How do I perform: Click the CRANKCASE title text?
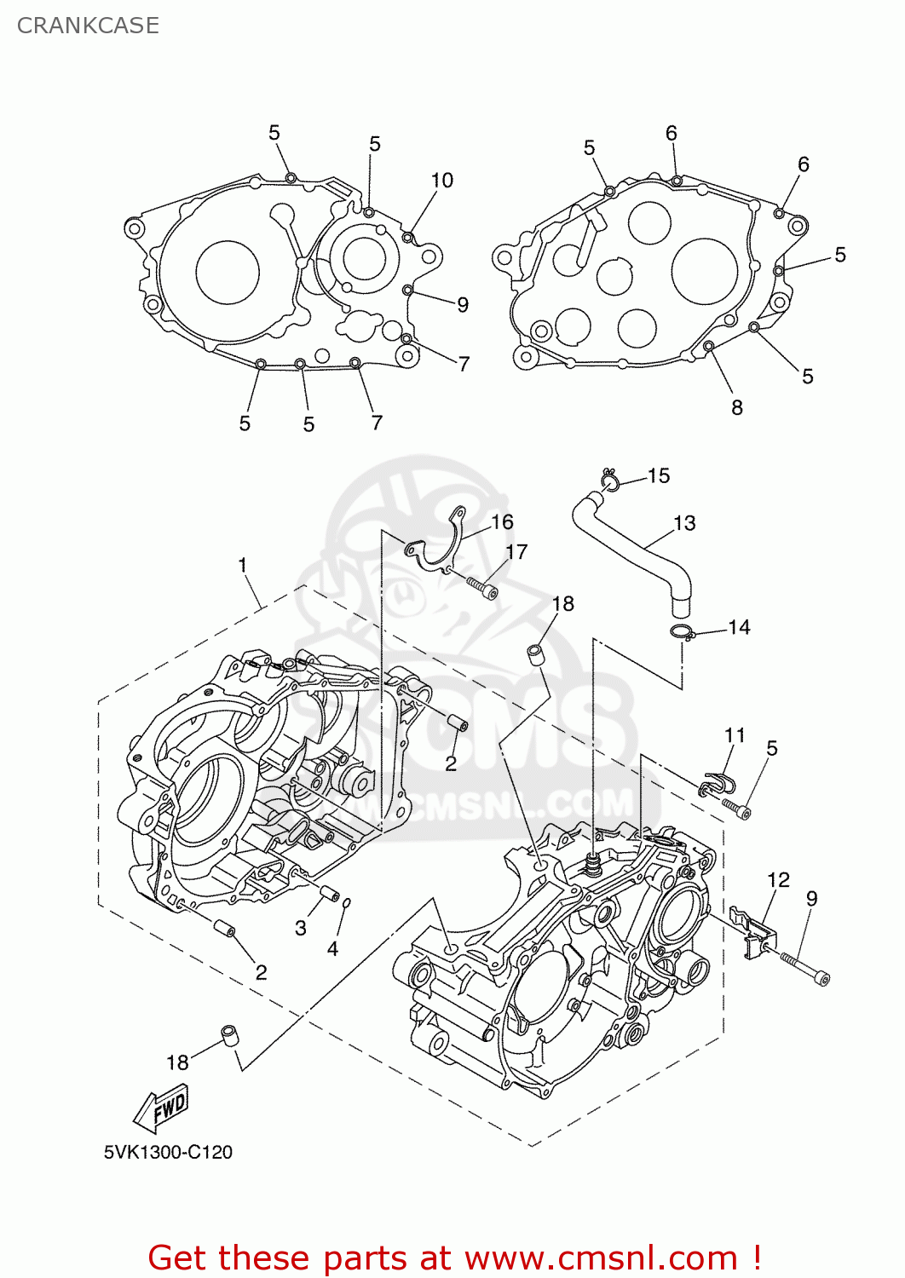[x=88, y=26]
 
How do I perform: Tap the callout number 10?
[x=441, y=181]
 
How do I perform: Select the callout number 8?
[x=737, y=408]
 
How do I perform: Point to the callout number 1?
[x=243, y=565]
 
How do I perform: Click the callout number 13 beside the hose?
[x=684, y=523]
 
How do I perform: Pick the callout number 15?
[x=659, y=475]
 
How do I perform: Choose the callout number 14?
[x=739, y=628]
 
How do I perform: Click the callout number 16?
[x=502, y=521]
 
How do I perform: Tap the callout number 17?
[x=516, y=552]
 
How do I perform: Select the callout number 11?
[x=735, y=734]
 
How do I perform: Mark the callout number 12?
[x=778, y=879]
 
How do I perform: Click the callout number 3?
[x=301, y=928]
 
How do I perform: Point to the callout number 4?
[x=332, y=948]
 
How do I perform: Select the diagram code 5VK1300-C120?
[x=168, y=1152]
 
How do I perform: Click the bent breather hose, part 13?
[x=635, y=545]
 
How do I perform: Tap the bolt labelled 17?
[x=482, y=588]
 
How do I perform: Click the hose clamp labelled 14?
[x=682, y=632]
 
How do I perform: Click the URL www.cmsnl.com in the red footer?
[x=601, y=1258]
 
